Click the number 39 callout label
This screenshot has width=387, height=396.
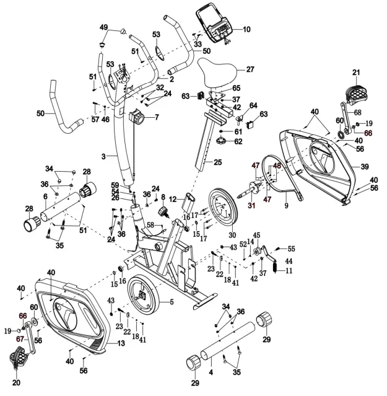coord(364,167)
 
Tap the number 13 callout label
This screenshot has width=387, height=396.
coord(121,343)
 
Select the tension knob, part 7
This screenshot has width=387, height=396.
coord(136,117)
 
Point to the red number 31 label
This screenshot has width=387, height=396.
coord(251,205)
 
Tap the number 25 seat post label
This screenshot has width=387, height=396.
coord(217,162)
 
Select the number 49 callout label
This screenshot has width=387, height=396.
coord(104,27)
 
